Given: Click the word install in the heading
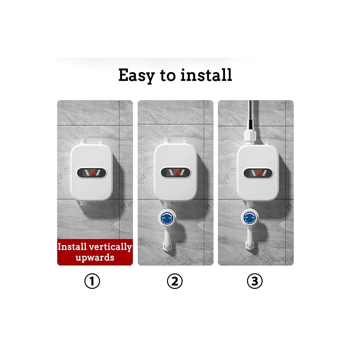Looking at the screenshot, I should (206, 75).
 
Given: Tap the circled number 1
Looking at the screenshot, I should (92, 282).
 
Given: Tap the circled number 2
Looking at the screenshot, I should (175, 282).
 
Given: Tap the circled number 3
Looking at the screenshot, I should (255, 282).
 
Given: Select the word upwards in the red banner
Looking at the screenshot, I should (95, 257).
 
